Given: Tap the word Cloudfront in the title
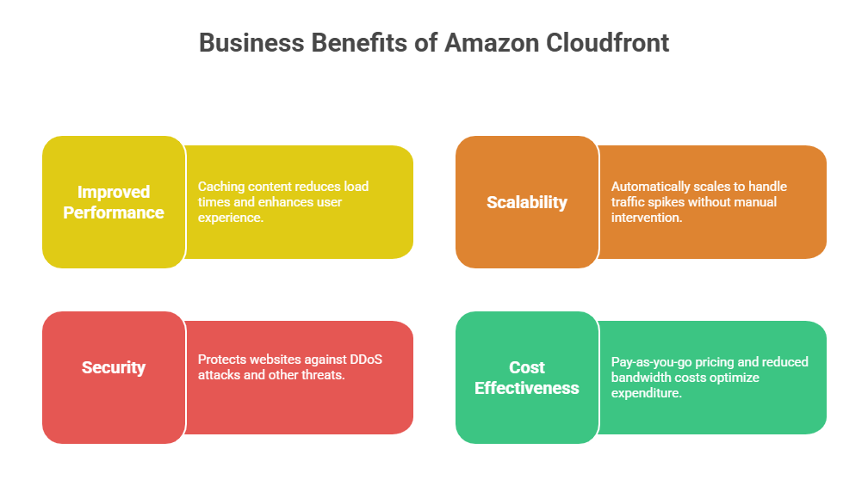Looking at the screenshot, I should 608,43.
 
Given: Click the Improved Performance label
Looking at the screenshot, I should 114,202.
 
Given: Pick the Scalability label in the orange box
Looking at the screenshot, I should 527,202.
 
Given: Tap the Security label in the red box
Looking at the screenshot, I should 114,367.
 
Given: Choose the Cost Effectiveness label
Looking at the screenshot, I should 527,378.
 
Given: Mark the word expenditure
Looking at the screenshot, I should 646,393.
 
